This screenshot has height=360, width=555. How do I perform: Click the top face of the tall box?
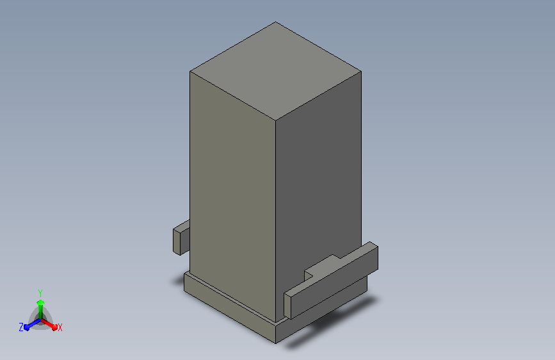pos(275,71)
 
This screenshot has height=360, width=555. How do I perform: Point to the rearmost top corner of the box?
pos(275,22)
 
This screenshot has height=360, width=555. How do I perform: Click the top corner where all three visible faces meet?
pos(275,120)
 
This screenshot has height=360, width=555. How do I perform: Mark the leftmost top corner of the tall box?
pos(190,72)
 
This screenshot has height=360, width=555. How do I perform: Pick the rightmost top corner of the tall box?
pos(361,72)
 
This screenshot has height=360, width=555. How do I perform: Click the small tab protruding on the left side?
pos(181,238)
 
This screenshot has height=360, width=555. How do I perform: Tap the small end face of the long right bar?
pos(287,306)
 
